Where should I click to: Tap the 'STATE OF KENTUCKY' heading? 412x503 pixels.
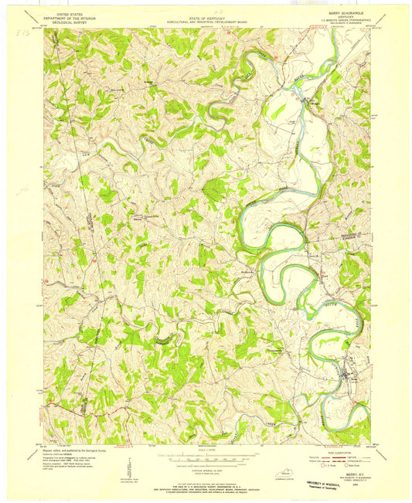206,16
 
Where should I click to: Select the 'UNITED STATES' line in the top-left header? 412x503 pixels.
66,15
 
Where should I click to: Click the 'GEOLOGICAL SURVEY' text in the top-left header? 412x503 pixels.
66,24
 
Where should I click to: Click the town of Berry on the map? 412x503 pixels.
342,376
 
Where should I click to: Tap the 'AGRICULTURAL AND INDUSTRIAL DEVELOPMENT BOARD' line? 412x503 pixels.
206,21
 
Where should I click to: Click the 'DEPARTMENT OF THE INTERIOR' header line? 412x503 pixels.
66,19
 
